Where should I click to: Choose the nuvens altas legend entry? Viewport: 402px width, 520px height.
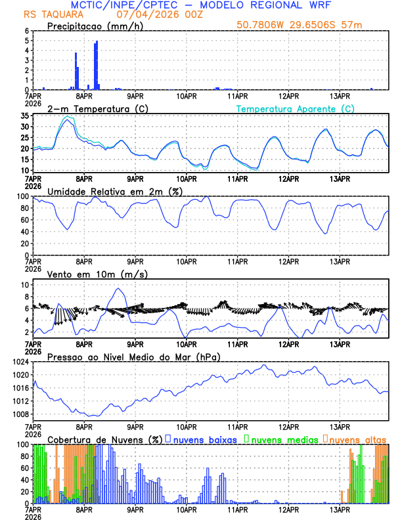tap(355, 439)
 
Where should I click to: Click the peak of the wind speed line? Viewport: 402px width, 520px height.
tap(118, 289)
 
